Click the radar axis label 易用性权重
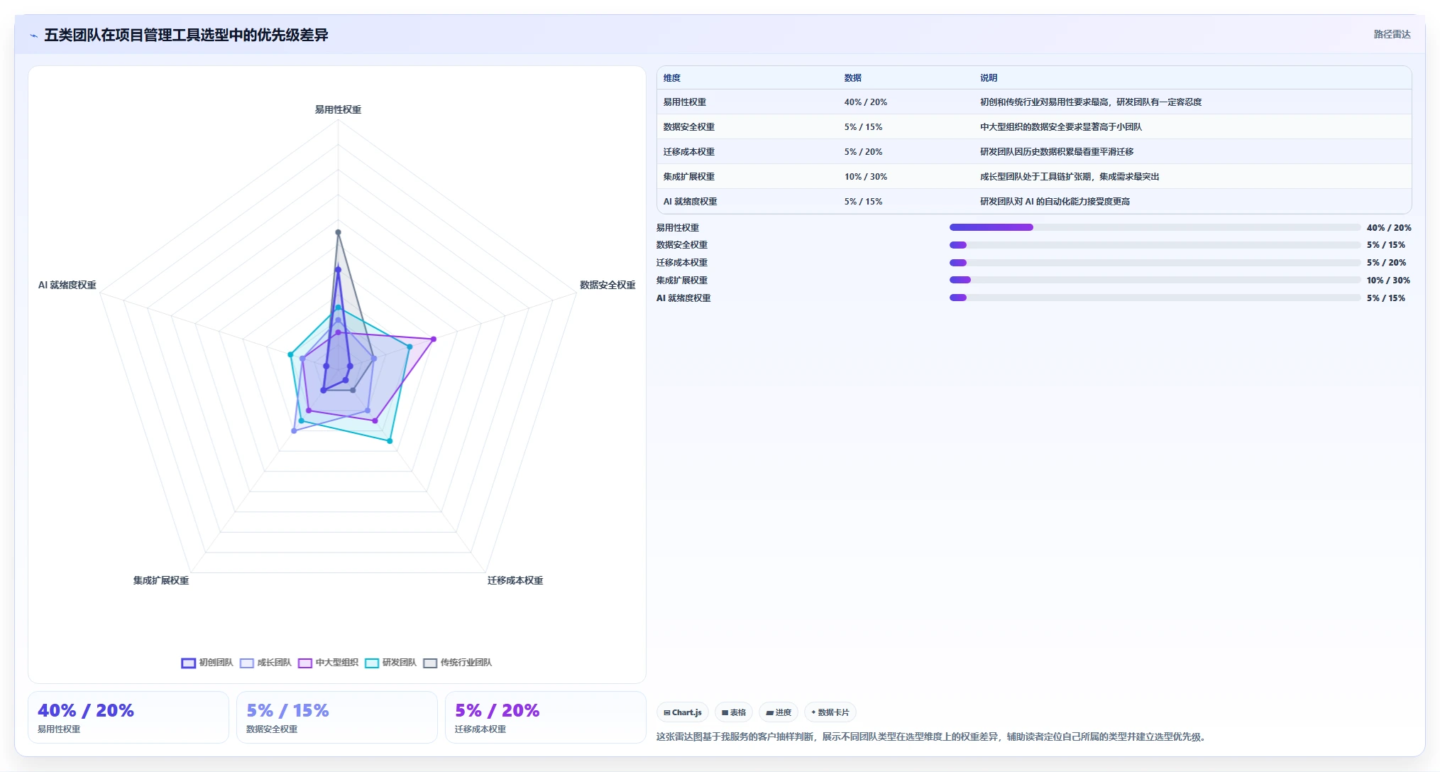click(338, 109)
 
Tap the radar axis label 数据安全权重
click(608, 285)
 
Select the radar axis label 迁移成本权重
click(515, 580)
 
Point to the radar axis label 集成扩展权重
click(161, 580)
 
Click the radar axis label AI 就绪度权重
click(67, 285)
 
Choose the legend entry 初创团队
click(207, 663)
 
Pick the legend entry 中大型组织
click(328, 663)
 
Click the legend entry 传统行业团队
click(458, 663)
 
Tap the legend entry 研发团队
click(390, 663)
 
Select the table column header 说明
click(989, 78)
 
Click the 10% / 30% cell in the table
click(866, 177)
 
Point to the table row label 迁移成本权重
click(689, 152)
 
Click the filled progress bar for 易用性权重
click(991, 227)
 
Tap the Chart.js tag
click(683, 712)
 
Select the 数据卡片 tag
click(830, 712)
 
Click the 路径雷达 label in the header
click(1392, 34)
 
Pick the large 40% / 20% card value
click(86, 710)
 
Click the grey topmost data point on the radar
click(338, 232)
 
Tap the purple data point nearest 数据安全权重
click(434, 339)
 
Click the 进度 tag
click(779, 712)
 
